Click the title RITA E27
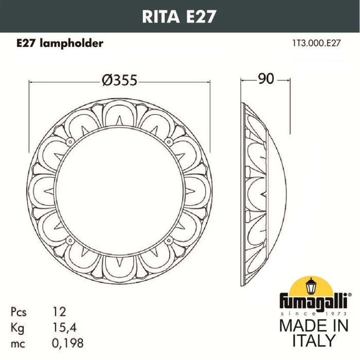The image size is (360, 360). tap(179, 15)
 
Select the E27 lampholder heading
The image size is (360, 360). tap(57, 44)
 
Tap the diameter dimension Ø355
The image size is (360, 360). tap(119, 80)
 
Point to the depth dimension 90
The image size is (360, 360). tap(265, 79)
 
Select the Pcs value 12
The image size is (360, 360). tap(60, 312)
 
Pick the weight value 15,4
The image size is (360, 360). tap(64, 327)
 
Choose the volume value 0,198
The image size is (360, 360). tap(68, 342)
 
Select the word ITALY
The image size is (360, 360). tap(314, 341)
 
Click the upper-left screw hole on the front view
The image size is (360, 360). tap(69, 140)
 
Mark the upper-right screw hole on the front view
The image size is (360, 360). tap(168, 140)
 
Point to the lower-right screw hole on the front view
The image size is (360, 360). tap(168, 240)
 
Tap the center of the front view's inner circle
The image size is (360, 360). tap(119, 190)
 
